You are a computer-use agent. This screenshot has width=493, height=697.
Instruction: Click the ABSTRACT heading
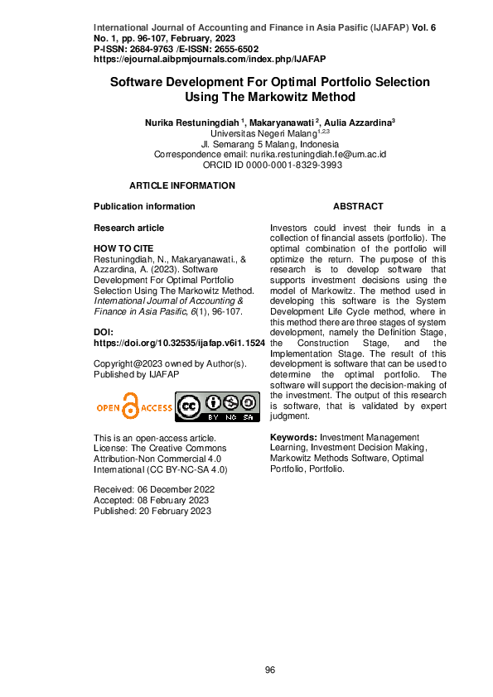click(x=358, y=206)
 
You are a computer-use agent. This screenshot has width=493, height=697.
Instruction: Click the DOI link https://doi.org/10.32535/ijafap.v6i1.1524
click(x=179, y=342)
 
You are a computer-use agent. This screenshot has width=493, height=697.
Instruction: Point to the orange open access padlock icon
click(x=131, y=406)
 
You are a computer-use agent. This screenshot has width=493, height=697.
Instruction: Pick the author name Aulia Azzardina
click(x=357, y=123)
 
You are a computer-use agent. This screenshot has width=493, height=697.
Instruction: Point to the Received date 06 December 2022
click(x=154, y=489)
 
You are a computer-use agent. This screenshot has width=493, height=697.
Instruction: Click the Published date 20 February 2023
click(x=152, y=511)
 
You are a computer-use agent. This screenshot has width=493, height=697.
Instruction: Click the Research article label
click(x=128, y=228)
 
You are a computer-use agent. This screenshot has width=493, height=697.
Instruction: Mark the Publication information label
click(x=144, y=206)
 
